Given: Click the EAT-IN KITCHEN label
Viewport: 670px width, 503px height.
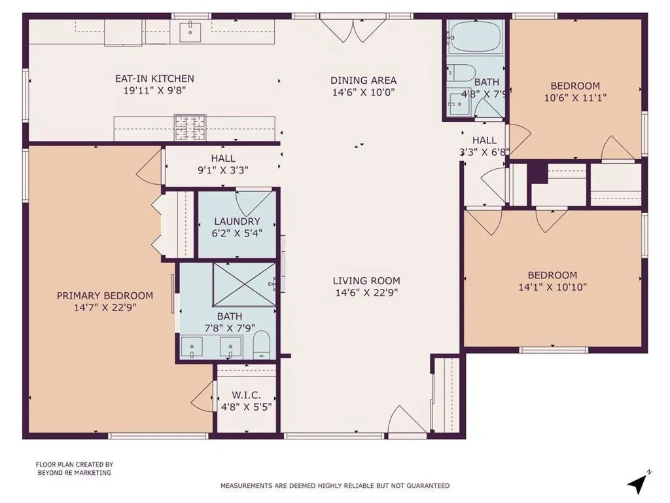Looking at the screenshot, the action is [x=154, y=79].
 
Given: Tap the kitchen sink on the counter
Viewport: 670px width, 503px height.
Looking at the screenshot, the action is [x=190, y=31].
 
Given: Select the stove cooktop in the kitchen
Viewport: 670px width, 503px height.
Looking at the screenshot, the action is [x=190, y=127].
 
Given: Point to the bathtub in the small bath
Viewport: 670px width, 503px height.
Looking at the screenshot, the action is [x=476, y=37].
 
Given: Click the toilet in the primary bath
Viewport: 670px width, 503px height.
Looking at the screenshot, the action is [x=262, y=345].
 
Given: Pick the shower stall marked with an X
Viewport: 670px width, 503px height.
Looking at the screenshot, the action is [x=244, y=284].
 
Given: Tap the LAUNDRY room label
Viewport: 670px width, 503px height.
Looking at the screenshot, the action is [x=237, y=221].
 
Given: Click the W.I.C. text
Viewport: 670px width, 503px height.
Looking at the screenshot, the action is [x=247, y=395].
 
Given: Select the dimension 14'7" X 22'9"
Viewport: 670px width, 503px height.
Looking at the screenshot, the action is [x=105, y=307].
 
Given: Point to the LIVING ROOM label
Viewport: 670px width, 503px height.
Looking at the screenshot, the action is [x=366, y=280].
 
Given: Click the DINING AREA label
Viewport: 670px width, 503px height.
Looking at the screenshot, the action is [x=363, y=80].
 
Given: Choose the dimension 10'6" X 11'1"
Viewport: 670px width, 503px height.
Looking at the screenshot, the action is [x=575, y=98].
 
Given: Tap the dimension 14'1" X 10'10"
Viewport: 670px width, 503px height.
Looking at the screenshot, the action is [x=552, y=287].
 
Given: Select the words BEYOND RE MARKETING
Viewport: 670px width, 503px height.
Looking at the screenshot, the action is [x=75, y=473].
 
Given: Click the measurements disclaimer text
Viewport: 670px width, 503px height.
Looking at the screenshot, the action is [x=335, y=485].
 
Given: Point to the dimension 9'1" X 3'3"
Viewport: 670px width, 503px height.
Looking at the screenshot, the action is [x=222, y=170].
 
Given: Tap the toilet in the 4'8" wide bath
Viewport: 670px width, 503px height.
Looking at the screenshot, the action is [x=461, y=73].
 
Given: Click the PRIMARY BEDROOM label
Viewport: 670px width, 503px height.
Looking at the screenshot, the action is [x=105, y=295].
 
